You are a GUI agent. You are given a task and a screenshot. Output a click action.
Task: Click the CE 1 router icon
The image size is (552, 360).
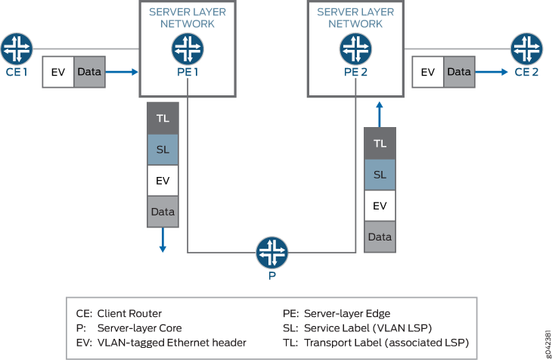pos(16,48)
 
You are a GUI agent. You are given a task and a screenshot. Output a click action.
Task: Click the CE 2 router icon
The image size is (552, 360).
pos(526,48)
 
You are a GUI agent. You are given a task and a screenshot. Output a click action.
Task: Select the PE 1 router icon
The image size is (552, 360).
pos(187,49)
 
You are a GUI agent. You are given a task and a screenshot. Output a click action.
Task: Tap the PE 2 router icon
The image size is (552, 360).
pos(355,49)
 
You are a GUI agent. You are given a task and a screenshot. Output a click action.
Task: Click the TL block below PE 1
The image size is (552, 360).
pos(163,118)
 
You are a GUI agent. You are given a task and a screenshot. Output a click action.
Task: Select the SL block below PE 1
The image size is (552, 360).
pos(163,150)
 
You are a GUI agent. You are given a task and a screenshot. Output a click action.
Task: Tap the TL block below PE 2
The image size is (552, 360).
pos(380,143)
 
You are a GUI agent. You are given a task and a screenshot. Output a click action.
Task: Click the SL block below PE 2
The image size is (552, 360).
pos(380,174)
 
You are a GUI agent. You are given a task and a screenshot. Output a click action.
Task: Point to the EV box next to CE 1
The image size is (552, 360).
pos(58,72)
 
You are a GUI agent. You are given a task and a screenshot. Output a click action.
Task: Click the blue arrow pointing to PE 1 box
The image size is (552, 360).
pos(122,72)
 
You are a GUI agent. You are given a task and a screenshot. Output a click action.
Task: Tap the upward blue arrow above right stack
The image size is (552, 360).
pos(380,115)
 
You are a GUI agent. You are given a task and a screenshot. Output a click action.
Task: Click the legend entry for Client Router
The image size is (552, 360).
pos(119,313)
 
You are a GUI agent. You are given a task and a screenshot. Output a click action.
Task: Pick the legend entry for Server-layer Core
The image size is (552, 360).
pos(129,327)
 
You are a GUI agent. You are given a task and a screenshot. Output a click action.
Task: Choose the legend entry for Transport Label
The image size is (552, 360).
pos(375,343)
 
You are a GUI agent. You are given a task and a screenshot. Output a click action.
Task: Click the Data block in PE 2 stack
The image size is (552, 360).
pos(380,237)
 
